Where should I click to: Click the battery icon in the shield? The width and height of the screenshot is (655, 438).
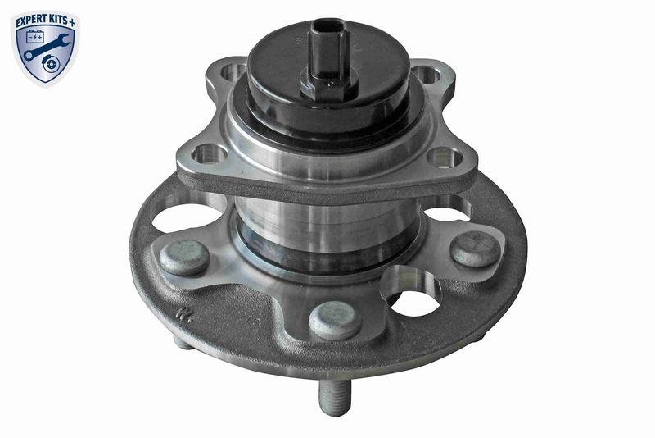[x=35, y=38]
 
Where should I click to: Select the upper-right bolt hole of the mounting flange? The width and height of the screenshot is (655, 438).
[x=424, y=75]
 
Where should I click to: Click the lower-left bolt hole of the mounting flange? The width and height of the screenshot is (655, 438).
[x=208, y=153]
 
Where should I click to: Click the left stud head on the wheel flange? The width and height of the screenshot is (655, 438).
[x=183, y=257]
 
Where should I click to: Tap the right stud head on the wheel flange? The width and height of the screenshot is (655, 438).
[x=475, y=249]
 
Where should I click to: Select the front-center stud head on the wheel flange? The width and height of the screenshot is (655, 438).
[x=336, y=319]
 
